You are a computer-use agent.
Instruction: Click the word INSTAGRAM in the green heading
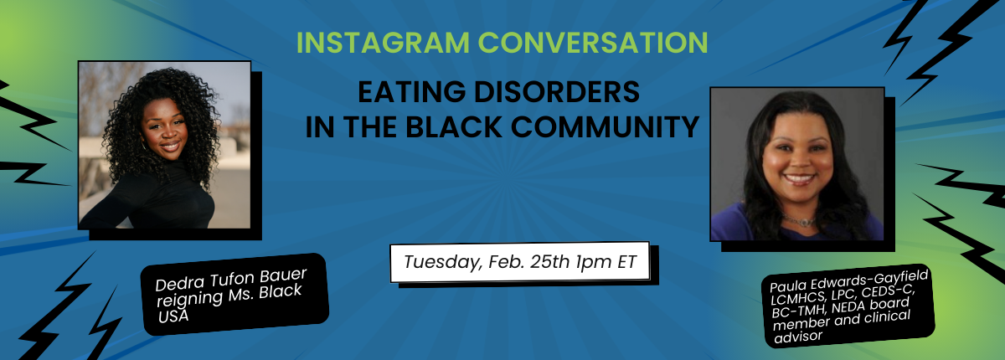(x=383, y=43)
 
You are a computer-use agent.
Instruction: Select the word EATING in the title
(x=411, y=91)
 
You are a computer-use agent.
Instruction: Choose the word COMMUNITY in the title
(x=605, y=126)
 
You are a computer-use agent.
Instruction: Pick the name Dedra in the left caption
(x=180, y=283)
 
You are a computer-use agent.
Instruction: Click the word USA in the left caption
(x=173, y=316)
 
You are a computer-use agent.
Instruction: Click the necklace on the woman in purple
(x=799, y=220)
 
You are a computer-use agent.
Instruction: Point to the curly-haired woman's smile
(x=170, y=147)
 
